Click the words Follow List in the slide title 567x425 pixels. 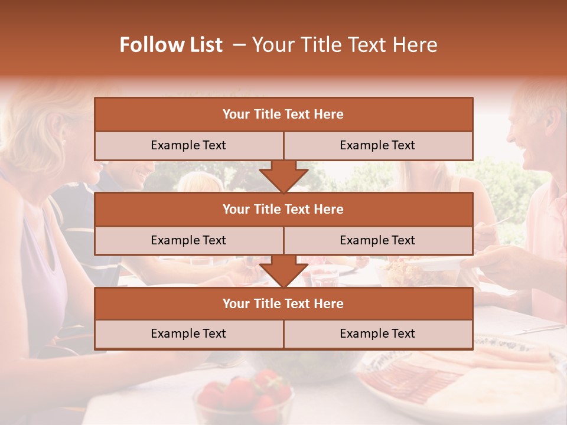(171, 45)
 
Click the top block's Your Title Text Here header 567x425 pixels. (283, 115)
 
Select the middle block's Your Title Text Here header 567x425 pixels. (283, 209)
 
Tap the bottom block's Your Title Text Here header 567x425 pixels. (283, 303)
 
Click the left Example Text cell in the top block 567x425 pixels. (188, 145)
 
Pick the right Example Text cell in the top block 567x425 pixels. (377, 145)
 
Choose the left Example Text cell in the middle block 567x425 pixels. (188, 240)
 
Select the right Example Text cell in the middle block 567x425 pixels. (377, 240)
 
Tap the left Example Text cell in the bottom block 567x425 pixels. (188, 334)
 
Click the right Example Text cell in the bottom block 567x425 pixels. (377, 334)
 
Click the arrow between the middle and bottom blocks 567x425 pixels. (283, 271)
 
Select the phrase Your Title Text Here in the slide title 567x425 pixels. (344, 45)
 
